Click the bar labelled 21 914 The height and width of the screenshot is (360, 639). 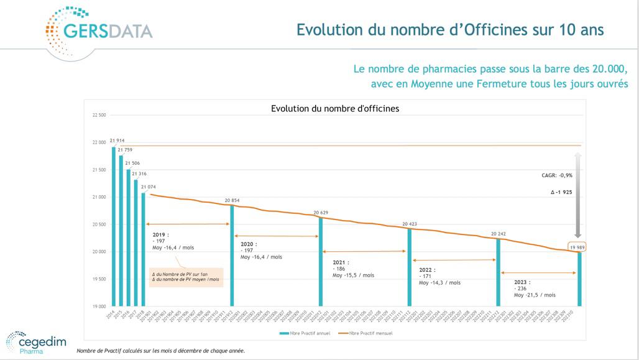tap(114, 226)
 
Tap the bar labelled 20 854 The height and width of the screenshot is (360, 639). tap(232, 256)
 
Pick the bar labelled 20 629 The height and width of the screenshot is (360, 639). tap(321, 262)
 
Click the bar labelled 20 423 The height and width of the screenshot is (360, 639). tap(409, 267)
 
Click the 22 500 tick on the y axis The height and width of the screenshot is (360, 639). tap(98, 115)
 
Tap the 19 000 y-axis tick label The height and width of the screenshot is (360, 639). tap(98, 307)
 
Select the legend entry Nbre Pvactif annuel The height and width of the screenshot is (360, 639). tap(306, 333)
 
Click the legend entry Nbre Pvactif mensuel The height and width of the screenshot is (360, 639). tap(368, 333)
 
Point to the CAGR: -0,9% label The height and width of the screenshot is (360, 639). tap(557, 175)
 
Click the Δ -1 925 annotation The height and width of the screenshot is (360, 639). tap(561, 192)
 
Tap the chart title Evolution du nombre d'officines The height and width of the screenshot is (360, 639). tap(334, 108)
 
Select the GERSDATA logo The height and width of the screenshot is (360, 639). tap(99, 32)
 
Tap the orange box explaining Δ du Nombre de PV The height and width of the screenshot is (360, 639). tap(186, 277)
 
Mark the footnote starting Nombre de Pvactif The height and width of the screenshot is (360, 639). tap(160, 351)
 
